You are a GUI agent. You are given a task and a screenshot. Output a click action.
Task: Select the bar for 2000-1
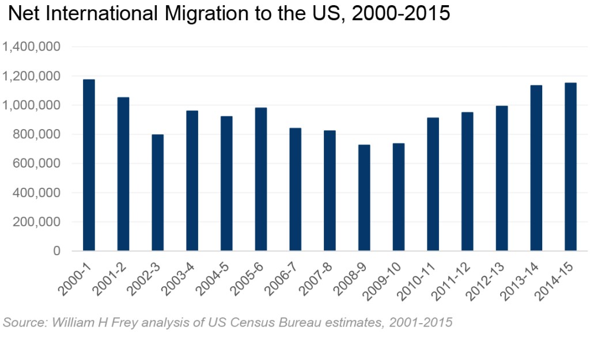click(89, 165)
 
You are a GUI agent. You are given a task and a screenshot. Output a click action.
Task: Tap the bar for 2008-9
click(364, 198)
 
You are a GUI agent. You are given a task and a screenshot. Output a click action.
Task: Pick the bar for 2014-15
click(570, 167)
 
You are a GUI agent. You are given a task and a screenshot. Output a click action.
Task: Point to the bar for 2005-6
click(261, 179)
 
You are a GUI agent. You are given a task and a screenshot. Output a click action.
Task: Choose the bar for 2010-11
click(433, 184)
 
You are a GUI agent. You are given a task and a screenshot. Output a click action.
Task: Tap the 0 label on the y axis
click(56, 252)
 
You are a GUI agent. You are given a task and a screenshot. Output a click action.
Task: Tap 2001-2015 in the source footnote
click(421, 322)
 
